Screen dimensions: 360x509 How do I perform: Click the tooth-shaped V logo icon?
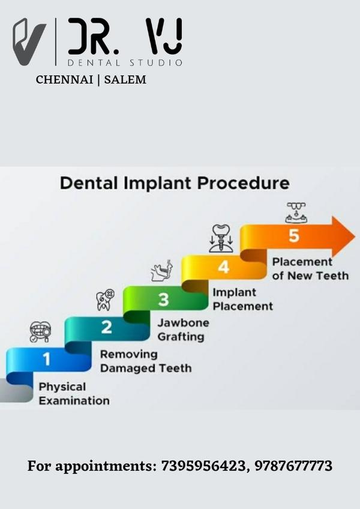coord(29,41)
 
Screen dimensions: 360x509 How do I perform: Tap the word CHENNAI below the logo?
coord(64,79)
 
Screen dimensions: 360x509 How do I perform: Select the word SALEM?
coord(125,79)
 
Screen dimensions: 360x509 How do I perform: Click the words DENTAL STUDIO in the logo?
coord(125,62)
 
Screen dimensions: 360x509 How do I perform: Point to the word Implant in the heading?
coord(159,184)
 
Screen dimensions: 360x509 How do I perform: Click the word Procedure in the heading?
coord(244,183)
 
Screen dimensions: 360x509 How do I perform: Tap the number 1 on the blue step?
coord(47,360)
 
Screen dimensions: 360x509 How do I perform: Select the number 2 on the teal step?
coord(106,327)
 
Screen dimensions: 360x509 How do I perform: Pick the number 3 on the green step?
coord(164,300)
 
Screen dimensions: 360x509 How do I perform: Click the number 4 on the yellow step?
coord(224,268)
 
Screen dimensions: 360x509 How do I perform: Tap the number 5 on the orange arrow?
coord(294,236)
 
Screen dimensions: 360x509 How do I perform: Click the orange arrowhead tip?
coord(355,236)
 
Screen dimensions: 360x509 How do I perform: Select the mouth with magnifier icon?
coord(40,331)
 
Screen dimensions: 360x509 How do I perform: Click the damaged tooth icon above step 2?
coord(105,300)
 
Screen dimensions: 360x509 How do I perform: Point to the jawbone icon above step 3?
coord(162,271)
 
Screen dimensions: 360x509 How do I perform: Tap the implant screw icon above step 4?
coord(221,238)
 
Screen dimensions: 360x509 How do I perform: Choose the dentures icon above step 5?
coord(296,212)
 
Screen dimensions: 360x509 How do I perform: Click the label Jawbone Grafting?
coord(183,330)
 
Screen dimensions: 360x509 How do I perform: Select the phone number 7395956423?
coord(203,466)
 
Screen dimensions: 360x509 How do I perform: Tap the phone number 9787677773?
coord(293,466)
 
